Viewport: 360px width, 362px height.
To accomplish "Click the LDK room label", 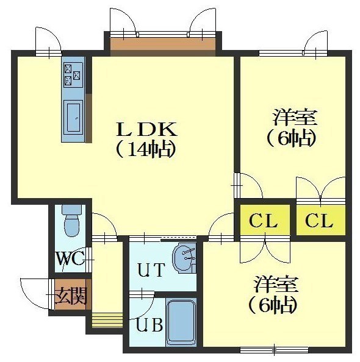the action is (x=147, y=129).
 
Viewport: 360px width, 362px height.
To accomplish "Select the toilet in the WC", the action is (x=71, y=221).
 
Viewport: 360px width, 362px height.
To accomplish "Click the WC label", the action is (x=71, y=258).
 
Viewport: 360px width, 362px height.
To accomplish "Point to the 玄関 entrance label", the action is (x=71, y=296).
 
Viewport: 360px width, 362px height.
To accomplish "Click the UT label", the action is (x=151, y=270).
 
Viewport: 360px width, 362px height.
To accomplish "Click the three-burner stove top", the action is (x=73, y=74).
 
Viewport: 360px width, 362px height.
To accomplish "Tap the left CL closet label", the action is (x=264, y=221).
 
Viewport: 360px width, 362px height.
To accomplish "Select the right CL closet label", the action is (x=319, y=221).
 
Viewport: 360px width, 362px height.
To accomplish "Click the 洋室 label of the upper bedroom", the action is (x=294, y=117).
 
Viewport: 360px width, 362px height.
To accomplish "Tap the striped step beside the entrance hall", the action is (x=107, y=320).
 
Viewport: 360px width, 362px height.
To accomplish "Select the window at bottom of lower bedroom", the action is (x=274, y=350).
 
